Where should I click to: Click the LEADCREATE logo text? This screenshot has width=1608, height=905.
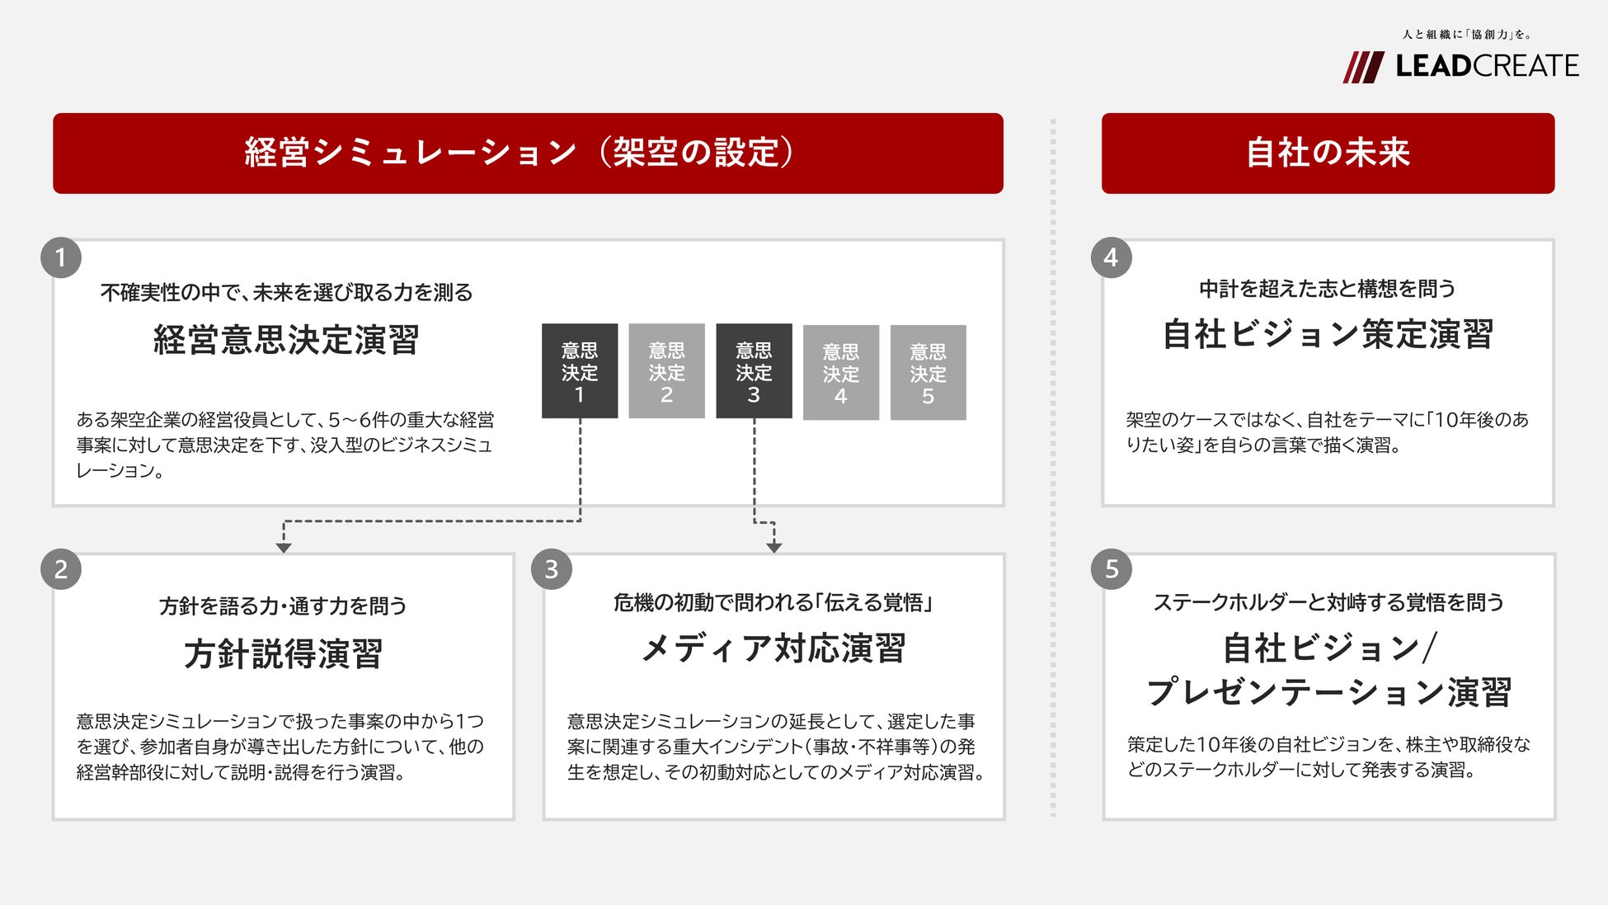point(1487,66)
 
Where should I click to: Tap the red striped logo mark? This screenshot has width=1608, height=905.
point(1363,67)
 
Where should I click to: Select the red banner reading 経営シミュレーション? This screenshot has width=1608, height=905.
point(528,153)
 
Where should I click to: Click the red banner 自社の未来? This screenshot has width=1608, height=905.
point(1328,153)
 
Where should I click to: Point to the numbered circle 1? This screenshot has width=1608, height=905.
point(61,258)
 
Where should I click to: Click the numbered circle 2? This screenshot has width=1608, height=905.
point(61,569)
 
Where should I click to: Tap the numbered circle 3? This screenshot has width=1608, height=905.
point(552,569)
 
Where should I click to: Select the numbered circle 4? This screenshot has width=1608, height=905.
point(1111,258)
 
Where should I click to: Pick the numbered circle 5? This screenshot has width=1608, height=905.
point(1111,569)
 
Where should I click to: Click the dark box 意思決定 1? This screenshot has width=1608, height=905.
point(580,371)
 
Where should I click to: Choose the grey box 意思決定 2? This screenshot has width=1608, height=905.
point(666,371)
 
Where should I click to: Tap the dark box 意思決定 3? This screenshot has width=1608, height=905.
point(754,371)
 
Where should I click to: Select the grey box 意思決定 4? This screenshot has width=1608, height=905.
point(841,373)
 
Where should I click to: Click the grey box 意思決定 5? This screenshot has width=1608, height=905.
point(928,373)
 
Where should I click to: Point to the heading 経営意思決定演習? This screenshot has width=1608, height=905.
point(286,340)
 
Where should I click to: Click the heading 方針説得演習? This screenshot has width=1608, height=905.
point(283,654)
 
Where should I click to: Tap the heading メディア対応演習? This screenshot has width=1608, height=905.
point(773,649)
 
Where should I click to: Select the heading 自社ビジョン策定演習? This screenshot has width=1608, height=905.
point(1328,335)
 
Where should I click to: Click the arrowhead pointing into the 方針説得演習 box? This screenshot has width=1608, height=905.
point(284,548)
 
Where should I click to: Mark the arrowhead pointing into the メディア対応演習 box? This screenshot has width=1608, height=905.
point(773,548)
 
